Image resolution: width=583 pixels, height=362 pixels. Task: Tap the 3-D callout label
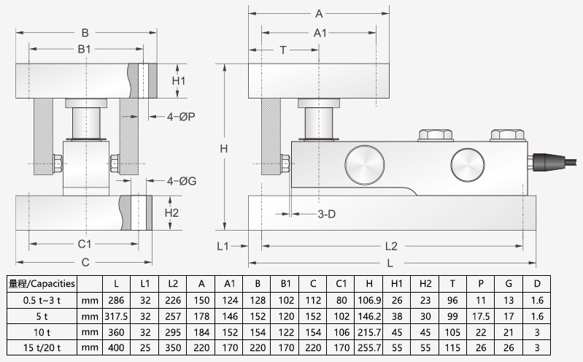(327, 215)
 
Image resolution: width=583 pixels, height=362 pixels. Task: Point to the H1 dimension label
(179, 81)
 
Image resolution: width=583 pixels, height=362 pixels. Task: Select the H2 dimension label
(171, 214)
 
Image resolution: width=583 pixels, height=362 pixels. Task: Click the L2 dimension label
(390, 246)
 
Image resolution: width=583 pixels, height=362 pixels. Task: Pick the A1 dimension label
(320, 33)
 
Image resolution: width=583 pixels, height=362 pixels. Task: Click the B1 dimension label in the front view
(85, 49)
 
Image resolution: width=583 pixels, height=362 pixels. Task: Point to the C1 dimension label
(84, 244)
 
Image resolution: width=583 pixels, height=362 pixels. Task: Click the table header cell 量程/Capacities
(42, 283)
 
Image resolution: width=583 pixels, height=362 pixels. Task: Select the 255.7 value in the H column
(369, 347)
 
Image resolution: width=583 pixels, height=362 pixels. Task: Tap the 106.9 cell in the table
(369, 300)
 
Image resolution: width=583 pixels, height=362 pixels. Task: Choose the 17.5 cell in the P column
(480, 315)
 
